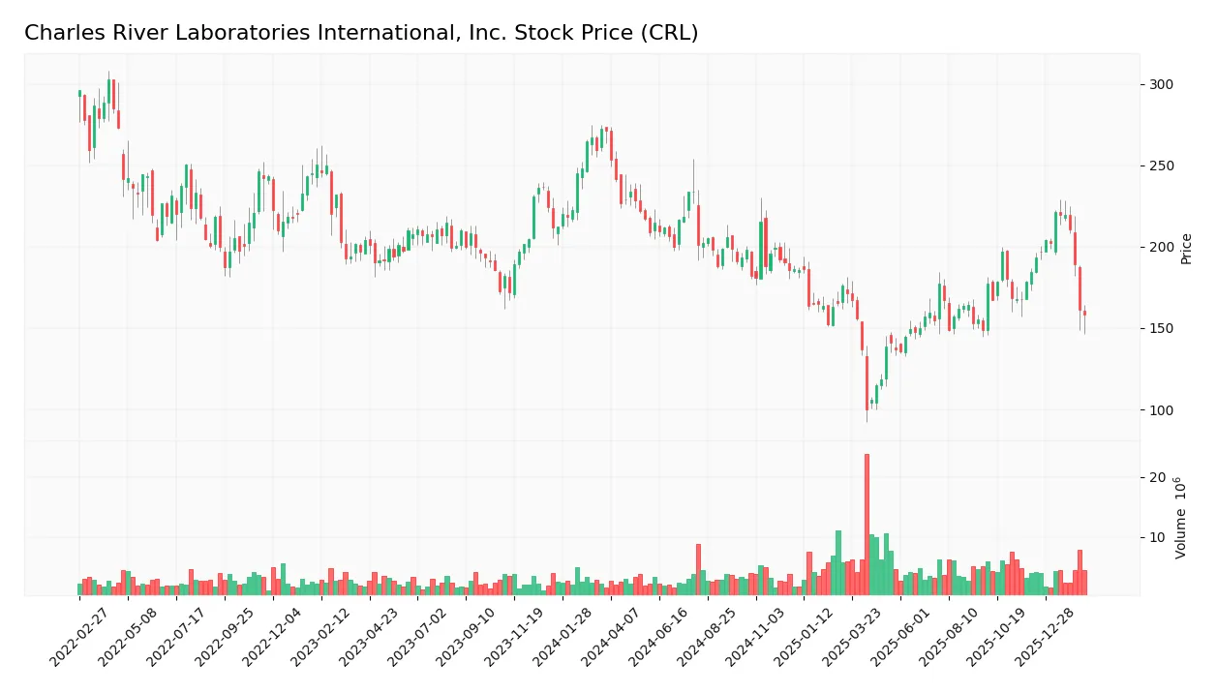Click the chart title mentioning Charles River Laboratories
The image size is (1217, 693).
click(x=361, y=33)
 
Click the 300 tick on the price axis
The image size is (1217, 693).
click(x=1162, y=84)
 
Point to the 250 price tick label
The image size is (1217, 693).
click(x=1162, y=166)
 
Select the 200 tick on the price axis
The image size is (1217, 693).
click(x=1162, y=247)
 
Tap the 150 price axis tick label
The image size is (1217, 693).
click(x=1162, y=328)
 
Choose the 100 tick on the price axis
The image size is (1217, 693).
click(x=1162, y=409)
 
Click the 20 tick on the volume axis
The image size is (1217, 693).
click(x=1158, y=477)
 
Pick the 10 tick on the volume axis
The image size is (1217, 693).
click(x=1158, y=537)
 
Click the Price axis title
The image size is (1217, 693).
click(x=1187, y=249)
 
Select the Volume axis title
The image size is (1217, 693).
click(x=1181, y=518)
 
